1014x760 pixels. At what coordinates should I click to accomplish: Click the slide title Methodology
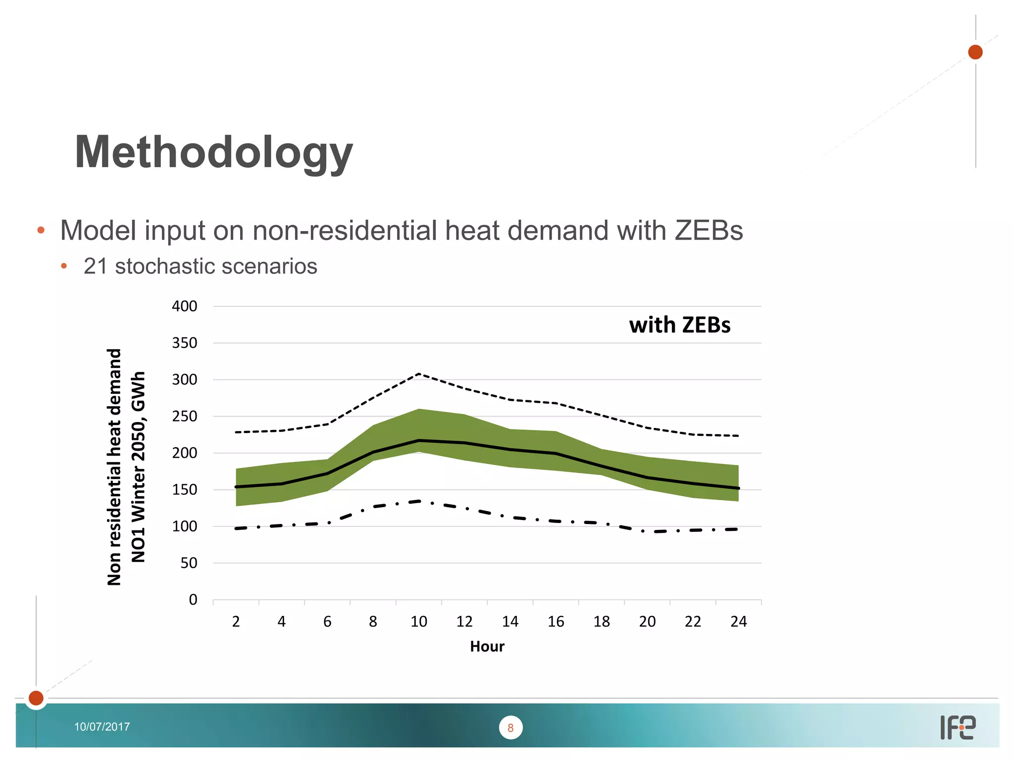pos(213,152)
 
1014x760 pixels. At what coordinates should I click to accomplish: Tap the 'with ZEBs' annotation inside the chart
pos(679,325)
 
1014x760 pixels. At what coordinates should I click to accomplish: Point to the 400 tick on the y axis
pos(184,306)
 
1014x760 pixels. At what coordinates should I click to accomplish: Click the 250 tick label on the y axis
pos(184,417)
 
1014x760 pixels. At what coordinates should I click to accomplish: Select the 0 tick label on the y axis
pos(193,600)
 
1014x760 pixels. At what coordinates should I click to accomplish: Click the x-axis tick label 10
pos(418,621)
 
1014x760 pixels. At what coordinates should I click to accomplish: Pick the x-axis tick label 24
pos(738,621)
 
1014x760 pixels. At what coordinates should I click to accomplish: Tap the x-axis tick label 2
pos(236,621)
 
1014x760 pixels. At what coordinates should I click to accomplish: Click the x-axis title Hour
pos(487,647)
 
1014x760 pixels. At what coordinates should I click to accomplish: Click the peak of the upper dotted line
pos(419,374)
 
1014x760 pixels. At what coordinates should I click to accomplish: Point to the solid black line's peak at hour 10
pos(419,440)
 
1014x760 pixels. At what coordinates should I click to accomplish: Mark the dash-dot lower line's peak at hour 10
pos(419,501)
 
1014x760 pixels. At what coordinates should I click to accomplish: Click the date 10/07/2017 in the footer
pos(102,727)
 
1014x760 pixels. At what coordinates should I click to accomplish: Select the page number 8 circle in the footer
pos(510,728)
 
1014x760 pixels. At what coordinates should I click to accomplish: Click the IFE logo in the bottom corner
pos(958,728)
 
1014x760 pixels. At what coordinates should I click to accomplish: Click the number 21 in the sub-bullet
pos(96,266)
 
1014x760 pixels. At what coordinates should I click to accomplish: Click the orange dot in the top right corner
pos(975,52)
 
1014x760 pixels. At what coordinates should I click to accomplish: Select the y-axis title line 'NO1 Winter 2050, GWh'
pos(138,467)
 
